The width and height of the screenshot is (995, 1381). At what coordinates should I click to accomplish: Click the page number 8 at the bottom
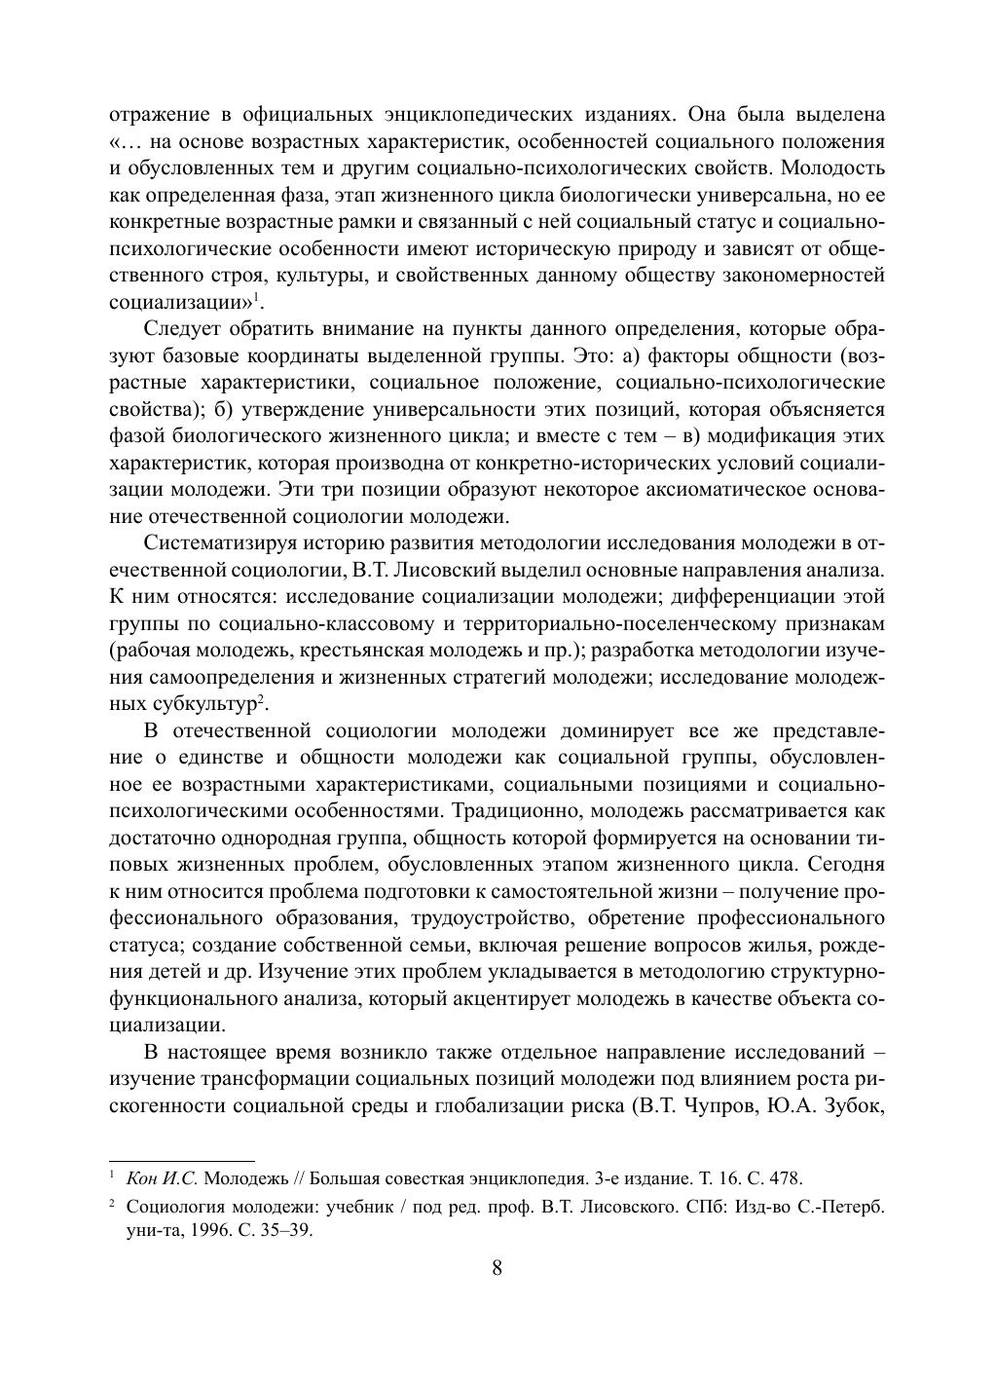[x=497, y=1267]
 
